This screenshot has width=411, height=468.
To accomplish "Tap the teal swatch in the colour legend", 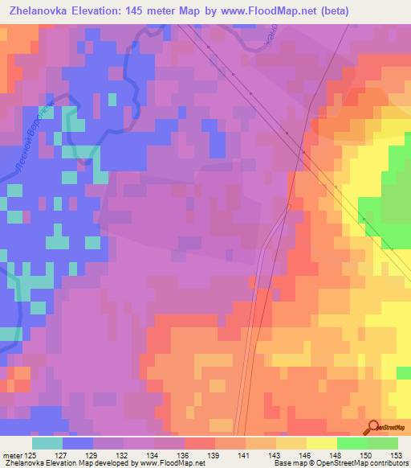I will [x=47, y=443].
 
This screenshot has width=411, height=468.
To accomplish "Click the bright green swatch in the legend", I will [x=352, y=443].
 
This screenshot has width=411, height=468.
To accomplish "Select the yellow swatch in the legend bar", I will [x=322, y=443].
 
